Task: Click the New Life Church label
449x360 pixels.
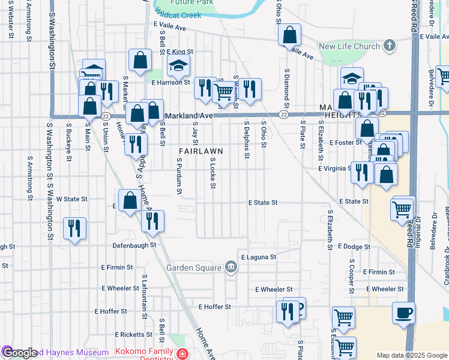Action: point(349,46)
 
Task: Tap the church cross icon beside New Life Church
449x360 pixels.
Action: point(389,46)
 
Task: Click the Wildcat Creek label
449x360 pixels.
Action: point(178,14)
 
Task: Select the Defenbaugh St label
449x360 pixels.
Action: point(134,245)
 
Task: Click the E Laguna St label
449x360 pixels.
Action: point(258,257)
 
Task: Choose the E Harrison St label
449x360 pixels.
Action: point(170,82)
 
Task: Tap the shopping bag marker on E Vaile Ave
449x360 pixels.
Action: point(289,35)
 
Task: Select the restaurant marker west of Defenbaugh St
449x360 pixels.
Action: point(74,228)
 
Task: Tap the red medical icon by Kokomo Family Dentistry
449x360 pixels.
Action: point(182,355)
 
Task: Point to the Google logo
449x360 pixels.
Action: point(19,353)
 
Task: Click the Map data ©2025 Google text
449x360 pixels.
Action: point(411,355)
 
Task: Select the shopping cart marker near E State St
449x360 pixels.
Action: point(402,209)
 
